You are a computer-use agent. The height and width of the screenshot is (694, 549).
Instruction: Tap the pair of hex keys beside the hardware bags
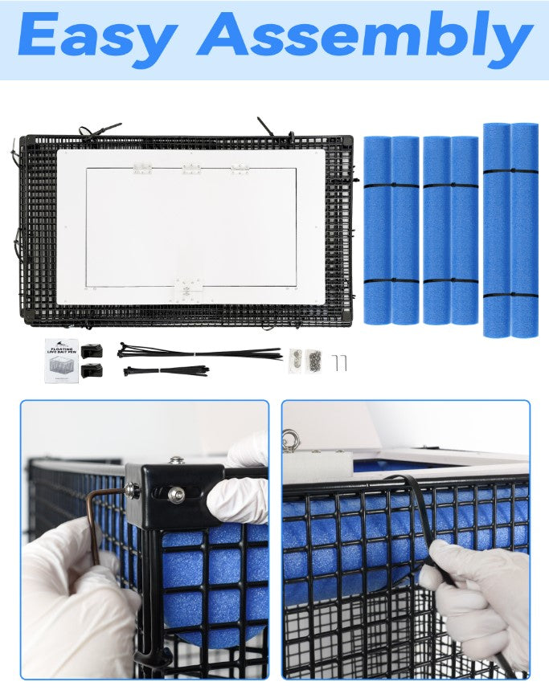click(340, 362)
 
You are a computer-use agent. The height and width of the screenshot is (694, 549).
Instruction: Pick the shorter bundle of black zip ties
click(166, 370)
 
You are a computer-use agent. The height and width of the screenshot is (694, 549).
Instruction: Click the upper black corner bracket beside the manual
click(92, 350)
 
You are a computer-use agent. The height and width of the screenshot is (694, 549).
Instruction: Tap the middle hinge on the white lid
click(191, 169)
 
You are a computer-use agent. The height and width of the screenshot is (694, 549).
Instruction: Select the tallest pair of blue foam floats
click(510, 230)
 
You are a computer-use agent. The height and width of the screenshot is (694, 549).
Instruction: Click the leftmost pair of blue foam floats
click(391, 230)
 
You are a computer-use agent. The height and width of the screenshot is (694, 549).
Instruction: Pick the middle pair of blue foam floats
click(450, 230)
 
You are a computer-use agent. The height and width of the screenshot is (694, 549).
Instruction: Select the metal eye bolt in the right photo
click(289, 439)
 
